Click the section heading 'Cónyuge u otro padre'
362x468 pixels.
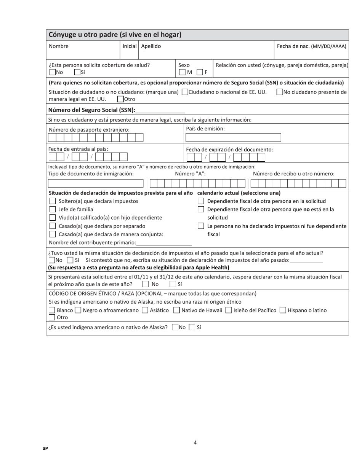pyautogui.click(x=115, y=35)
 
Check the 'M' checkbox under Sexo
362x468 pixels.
pyautogui.click(x=183, y=72)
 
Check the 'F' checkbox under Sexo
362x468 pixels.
pyautogui.click(x=200, y=72)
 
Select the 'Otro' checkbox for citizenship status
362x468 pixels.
pyautogui.click(x=120, y=99)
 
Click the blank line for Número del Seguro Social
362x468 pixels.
pyautogui.click(x=160, y=110)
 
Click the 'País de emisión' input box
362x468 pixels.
pyautogui.click(x=233, y=138)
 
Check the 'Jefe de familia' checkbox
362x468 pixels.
pyautogui.click(x=53, y=209)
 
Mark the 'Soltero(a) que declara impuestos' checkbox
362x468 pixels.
pyautogui.click(x=53, y=201)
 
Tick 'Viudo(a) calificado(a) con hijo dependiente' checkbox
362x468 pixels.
pyautogui.click(x=53, y=218)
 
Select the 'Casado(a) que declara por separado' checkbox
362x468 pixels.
pyautogui.click(x=53, y=226)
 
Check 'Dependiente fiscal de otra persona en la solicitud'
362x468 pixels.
pyautogui.click(x=201, y=201)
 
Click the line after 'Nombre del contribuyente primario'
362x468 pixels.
pyautogui.click(x=164, y=243)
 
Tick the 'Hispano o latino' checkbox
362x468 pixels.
pyautogui.click(x=283, y=310)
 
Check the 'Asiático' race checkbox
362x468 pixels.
pyautogui.click(x=145, y=310)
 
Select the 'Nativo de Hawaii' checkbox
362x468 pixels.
pyautogui.click(x=176, y=310)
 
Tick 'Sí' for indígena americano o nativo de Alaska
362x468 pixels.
pyautogui.click(x=192, y=327)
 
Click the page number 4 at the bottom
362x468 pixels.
pyautogui.click(x=195, y=442)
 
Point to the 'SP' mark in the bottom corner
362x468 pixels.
pyautogui.click(x=45, y=449)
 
